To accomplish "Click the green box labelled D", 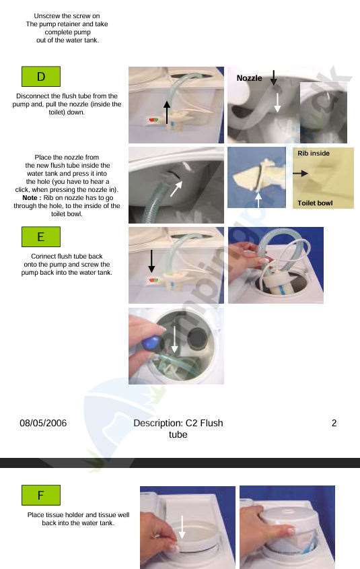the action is (41, 77).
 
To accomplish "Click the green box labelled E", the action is (41, 236).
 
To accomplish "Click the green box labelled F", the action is (41, 495).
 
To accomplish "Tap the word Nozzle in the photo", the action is (249, 78).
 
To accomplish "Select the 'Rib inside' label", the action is (314, 153).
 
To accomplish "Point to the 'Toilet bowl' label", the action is (315, 203).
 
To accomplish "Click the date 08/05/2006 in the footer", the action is (43, 423).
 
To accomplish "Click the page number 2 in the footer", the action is (334, 423).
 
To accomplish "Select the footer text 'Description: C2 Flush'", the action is (178, 423).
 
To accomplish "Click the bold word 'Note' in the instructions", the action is (30, 198).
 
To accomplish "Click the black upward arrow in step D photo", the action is (167, 112).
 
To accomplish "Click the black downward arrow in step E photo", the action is (151, 261).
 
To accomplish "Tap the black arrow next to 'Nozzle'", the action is (274, 77).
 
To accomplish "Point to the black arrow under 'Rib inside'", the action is (301, 174).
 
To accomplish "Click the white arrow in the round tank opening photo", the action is (175, 339).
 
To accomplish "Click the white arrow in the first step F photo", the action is (182, 527).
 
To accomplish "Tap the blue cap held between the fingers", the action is (151, 343).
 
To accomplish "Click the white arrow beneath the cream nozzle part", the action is (258, 200).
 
